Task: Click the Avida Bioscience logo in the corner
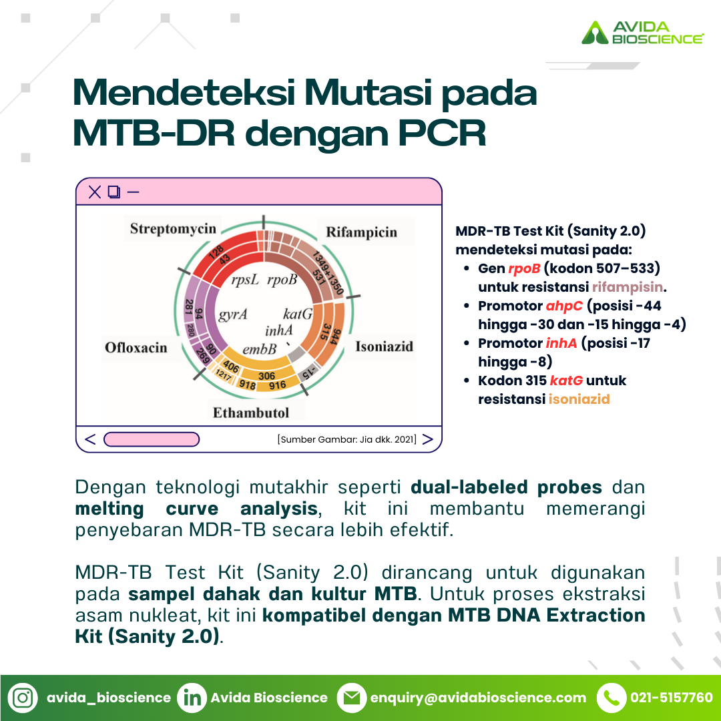coord(642,32)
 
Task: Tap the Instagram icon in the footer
coord(23,698)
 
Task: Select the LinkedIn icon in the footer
coord(192,698)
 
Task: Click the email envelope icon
coord(352,698)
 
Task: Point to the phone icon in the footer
coord(612,698)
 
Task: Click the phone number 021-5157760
coord(672,698)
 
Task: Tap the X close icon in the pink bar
coord(95,192)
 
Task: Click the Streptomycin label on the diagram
coord(173,228)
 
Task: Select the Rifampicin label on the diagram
coord(361,232)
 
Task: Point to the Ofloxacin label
coord(136,347)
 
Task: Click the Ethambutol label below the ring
coord(251,413)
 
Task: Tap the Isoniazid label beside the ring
coord(385,346)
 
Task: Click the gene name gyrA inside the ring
coord(233,314)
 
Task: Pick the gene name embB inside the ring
coord(259,349)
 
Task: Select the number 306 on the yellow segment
coord(266,376)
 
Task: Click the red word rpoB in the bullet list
coord(524,268)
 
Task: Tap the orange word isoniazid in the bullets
coord(579,399)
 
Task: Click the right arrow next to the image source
coord(428,439)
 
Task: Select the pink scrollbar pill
coord(152,439)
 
